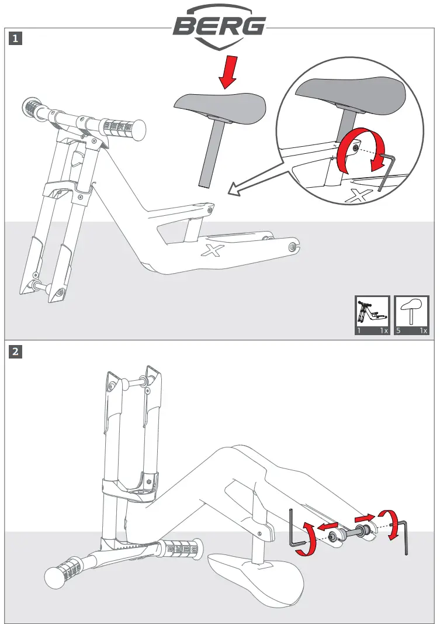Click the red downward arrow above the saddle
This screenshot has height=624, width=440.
tap(225, 73)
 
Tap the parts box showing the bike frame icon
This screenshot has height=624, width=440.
tap(373, 315)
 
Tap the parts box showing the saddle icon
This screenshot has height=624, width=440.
tap(413, 315)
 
